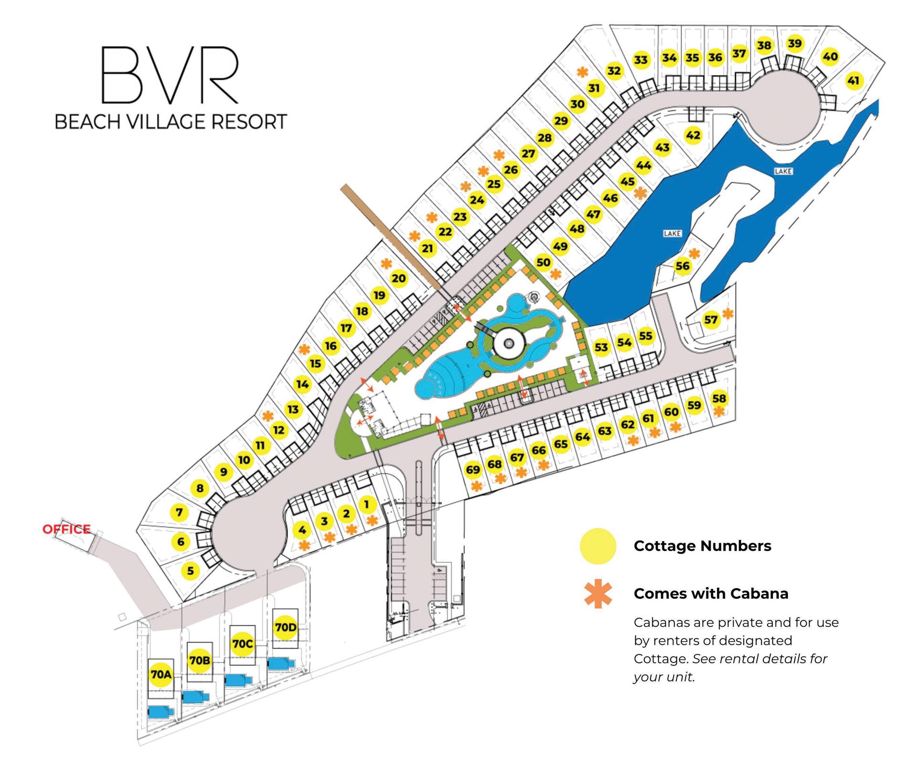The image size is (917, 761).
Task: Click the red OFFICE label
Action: pos(66,529)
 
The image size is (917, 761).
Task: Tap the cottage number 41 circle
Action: pos(853,81)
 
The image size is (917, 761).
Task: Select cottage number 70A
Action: pos(161,674)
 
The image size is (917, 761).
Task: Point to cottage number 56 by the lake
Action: pos(682,266)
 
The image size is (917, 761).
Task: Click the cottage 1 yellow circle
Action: pos(367,504)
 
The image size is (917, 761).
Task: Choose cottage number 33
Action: pos(640,60)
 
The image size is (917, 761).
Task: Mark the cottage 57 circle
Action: pos(711,320)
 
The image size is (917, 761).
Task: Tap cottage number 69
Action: pos(473,470)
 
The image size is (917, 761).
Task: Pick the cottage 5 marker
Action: pos(191,570)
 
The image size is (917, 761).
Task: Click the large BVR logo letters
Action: pos(170,75)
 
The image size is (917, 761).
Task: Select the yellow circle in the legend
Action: pos(597,546)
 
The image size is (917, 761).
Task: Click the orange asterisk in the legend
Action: pos(597,594)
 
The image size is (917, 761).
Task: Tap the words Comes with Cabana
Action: pos(711,594)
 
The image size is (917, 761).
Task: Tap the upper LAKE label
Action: pos(783,171)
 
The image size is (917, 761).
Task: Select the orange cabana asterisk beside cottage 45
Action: pos(640,193)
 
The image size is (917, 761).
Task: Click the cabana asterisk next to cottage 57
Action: pos(727,314)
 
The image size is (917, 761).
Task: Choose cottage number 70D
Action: pos(286,627)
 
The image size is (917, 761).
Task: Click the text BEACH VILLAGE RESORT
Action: pos(171,122)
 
